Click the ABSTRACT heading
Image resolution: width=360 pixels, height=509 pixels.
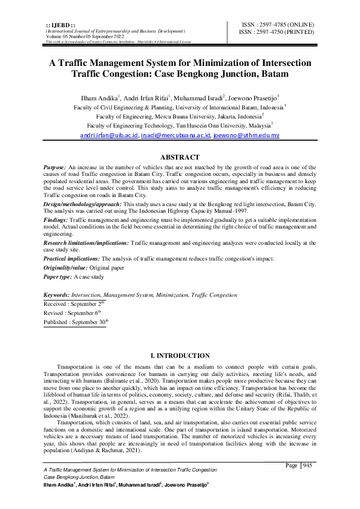pos(180,156)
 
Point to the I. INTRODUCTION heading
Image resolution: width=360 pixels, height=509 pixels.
pos(180,356)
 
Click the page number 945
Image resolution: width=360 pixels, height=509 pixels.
pos(308,465)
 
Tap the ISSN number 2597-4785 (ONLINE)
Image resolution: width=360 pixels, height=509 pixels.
pos(278,24)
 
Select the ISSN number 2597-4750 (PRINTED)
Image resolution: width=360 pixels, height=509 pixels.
pos(278,31)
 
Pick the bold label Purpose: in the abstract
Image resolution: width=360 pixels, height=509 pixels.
pos(55,166)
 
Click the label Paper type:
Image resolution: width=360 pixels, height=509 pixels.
pos(58,276)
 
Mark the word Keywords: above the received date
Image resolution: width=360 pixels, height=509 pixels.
pos(57,295)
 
